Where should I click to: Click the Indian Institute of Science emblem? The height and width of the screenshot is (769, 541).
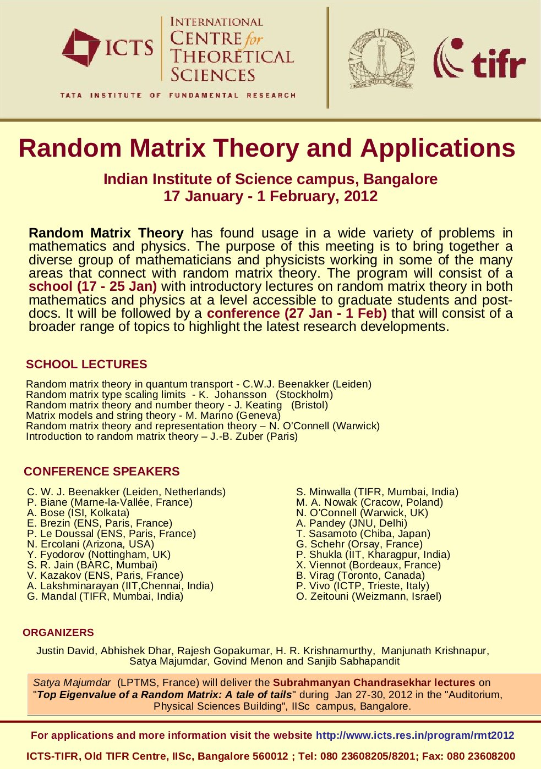point(381,58)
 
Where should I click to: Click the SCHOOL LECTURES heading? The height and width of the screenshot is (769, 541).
point(86,364)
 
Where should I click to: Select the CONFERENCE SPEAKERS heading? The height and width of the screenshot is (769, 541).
point(102,472)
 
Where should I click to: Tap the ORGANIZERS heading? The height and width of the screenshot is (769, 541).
point(58,633)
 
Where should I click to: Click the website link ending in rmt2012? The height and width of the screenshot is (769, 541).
point(415,735)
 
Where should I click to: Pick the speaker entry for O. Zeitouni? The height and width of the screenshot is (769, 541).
point(369,596)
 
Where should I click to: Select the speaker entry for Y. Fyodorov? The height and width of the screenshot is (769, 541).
point(99,555)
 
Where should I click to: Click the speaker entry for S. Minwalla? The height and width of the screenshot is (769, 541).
point(377,492)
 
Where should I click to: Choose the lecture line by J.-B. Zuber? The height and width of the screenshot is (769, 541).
point(162,436)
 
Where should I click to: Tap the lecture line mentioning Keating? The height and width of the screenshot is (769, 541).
point(177,405)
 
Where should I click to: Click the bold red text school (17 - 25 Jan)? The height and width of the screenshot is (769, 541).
point(93,286)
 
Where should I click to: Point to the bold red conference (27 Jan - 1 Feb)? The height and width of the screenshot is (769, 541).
point(297,313)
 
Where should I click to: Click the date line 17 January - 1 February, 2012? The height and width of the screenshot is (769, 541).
point(270,196)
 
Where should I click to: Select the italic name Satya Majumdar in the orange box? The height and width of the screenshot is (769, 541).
point(72,683)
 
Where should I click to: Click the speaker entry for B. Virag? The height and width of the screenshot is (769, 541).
point(360,576)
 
